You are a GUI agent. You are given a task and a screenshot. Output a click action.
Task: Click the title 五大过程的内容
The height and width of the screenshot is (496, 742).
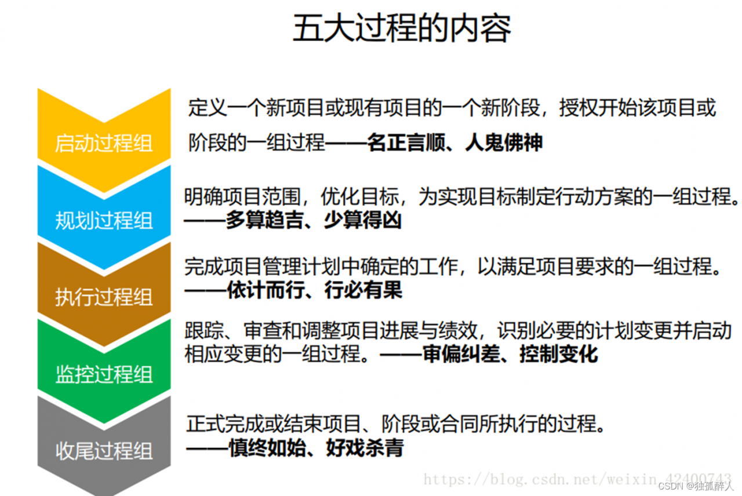(401, 29)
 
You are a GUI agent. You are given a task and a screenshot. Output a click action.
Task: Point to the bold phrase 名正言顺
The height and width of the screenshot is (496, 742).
(406, 143)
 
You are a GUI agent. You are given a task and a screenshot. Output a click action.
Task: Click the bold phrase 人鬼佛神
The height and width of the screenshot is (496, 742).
(504, 143)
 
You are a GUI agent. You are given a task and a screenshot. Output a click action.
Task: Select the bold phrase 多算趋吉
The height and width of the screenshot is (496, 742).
(264, 221)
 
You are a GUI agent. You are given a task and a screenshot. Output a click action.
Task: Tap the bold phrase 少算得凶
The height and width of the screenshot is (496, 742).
(362, 221)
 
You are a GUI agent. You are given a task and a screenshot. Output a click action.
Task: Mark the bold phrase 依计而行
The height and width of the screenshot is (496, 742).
(264, 290)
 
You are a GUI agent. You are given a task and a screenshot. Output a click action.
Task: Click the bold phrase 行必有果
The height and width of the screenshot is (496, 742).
(363, 290)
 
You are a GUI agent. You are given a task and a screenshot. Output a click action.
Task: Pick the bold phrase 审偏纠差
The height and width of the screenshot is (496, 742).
(461, 354)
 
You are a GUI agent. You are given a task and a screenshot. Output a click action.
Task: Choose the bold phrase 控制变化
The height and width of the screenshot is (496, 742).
(559, 354)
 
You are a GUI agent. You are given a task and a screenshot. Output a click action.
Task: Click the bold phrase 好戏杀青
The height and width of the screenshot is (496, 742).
(365, 448)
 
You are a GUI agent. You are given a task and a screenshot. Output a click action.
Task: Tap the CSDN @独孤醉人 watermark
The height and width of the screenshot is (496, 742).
(696, 485)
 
